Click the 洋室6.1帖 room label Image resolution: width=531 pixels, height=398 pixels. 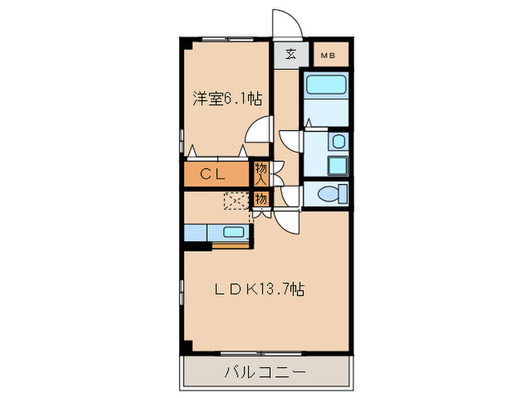227,99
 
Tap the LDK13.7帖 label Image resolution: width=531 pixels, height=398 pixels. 259,289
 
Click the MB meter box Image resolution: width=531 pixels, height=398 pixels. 328,55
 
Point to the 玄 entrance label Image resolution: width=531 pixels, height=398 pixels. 291,54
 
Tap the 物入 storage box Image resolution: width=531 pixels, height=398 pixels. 260,174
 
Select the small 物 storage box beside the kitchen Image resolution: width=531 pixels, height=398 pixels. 260,199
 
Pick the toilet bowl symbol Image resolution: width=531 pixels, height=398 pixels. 331,194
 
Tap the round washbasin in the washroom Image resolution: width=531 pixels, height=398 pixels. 338,140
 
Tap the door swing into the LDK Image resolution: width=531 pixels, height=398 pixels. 288,221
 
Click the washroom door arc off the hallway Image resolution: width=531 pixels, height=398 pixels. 291,142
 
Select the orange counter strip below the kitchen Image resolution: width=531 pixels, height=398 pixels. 231,245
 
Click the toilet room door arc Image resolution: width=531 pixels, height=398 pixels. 290,194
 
